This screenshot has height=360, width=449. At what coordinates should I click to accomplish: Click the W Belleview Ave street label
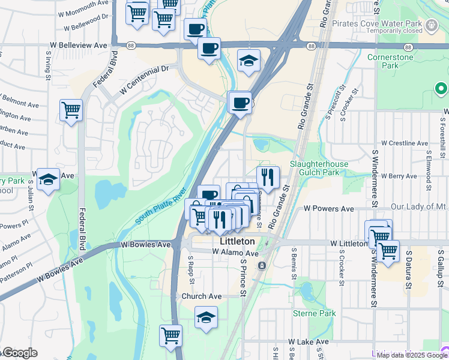[x=79, y=45]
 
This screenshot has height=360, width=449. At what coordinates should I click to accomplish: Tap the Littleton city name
[x=237, y=241]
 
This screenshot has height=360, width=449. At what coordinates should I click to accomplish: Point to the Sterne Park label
[x=314, y=313]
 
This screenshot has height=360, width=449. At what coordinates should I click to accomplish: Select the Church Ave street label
[x=202, y=296]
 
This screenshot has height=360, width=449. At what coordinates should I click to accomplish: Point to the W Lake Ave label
[x=308, y=341]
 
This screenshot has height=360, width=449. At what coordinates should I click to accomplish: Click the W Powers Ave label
[x=328, y=208]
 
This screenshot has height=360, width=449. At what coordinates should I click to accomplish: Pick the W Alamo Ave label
[x=235, y=253]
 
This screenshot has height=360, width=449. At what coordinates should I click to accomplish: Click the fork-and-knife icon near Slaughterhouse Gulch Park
[x=268, y=176]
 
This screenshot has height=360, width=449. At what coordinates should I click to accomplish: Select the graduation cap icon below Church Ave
[x=206, y=317]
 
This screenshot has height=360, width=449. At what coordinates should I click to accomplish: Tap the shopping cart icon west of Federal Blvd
[x=71, y=110]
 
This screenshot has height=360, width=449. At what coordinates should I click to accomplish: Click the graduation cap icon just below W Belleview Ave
[x=249, y=61]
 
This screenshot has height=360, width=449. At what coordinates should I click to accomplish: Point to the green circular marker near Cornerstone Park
[x=441, y=89]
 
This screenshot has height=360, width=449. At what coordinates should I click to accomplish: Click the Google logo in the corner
[x=19, y=353]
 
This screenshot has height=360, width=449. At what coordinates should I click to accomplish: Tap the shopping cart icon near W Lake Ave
[x=170, y=335]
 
